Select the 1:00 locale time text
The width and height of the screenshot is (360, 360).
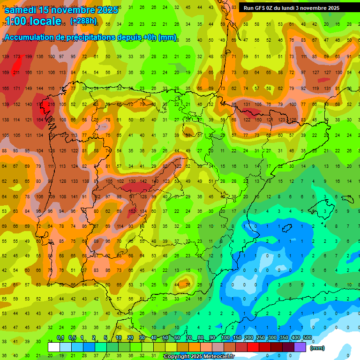(x=33, y=21)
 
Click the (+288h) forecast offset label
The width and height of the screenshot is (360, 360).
(x=83, y=21)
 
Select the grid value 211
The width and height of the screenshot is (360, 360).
(x=17, y=73)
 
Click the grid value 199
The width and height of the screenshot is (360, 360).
(x=28, y=57)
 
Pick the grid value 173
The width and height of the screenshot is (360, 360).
(x=17, y=57)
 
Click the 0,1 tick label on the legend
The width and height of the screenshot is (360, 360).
(x=60, y=337)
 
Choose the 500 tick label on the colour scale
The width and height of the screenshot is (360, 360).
(x=307, y=337)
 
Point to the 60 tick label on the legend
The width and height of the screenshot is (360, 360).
(x=177, y=337)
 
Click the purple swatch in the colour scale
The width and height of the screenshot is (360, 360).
(x=300, y=347)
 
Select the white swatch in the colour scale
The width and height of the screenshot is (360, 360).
(x=54, y=347)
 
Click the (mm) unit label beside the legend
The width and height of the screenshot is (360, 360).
(x=317, y=348)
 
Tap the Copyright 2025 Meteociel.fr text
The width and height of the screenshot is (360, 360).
(x=199, y=357)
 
